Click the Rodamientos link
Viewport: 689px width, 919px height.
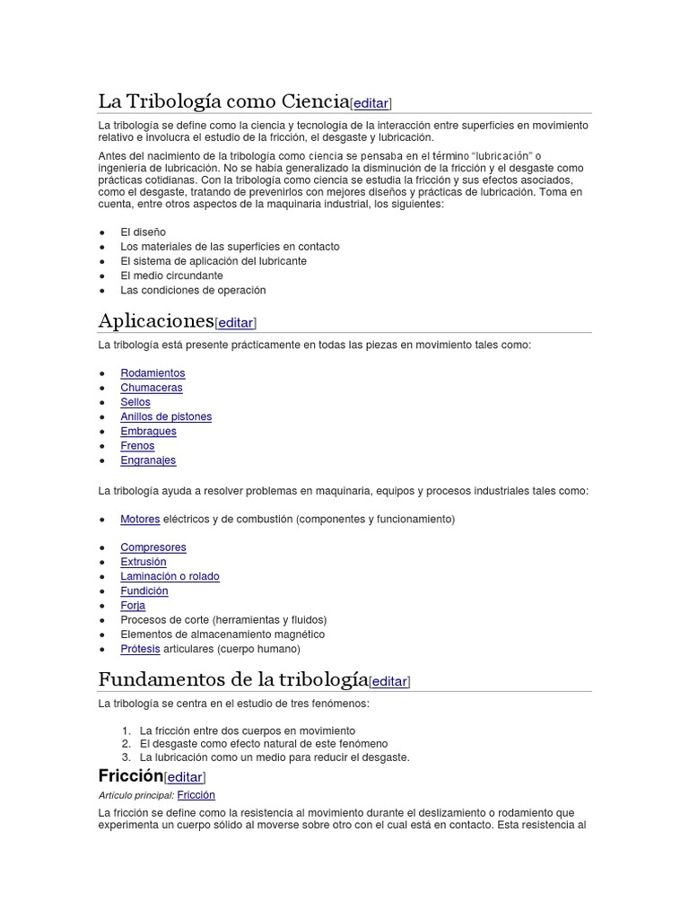(153, 373)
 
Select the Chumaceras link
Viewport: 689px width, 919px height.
(152, 388)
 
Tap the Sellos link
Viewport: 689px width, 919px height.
(135, 402)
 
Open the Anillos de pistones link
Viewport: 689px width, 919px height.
(166, 416)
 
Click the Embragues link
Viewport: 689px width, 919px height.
(148, 432)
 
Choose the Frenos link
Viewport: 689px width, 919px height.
(137, 446)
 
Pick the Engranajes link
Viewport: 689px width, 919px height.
(148, 460)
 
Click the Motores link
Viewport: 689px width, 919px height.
(140, 520)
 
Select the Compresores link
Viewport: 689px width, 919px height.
(153, 547)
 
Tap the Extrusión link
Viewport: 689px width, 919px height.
(144, 562)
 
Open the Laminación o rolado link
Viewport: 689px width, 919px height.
(170, 576)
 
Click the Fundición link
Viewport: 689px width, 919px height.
(144, 591)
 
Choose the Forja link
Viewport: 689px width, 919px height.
(133, 606)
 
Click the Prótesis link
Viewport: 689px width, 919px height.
(140, 649)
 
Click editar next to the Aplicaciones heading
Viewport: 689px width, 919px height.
(236, 323)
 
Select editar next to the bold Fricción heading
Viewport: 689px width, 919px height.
(185, 777)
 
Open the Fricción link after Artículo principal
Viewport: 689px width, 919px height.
(196, 795)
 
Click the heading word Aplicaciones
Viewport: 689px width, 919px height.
(156, 320)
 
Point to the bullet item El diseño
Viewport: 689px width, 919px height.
(143, 232)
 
